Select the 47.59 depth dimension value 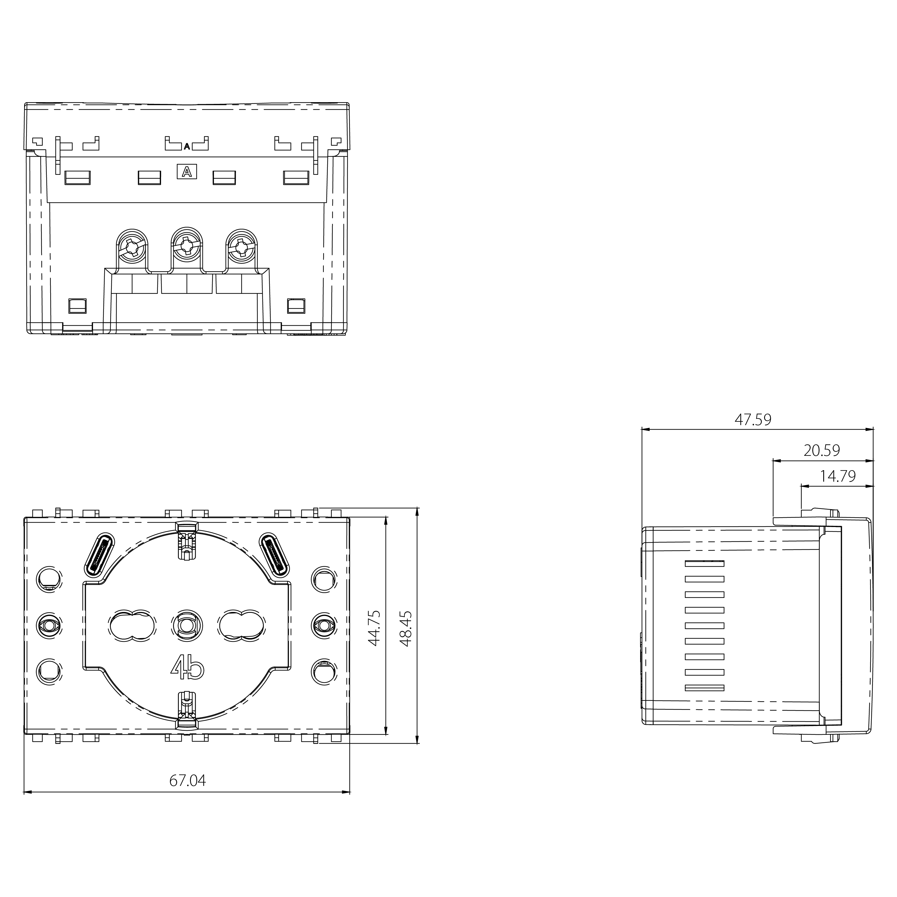tap(753, 420)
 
